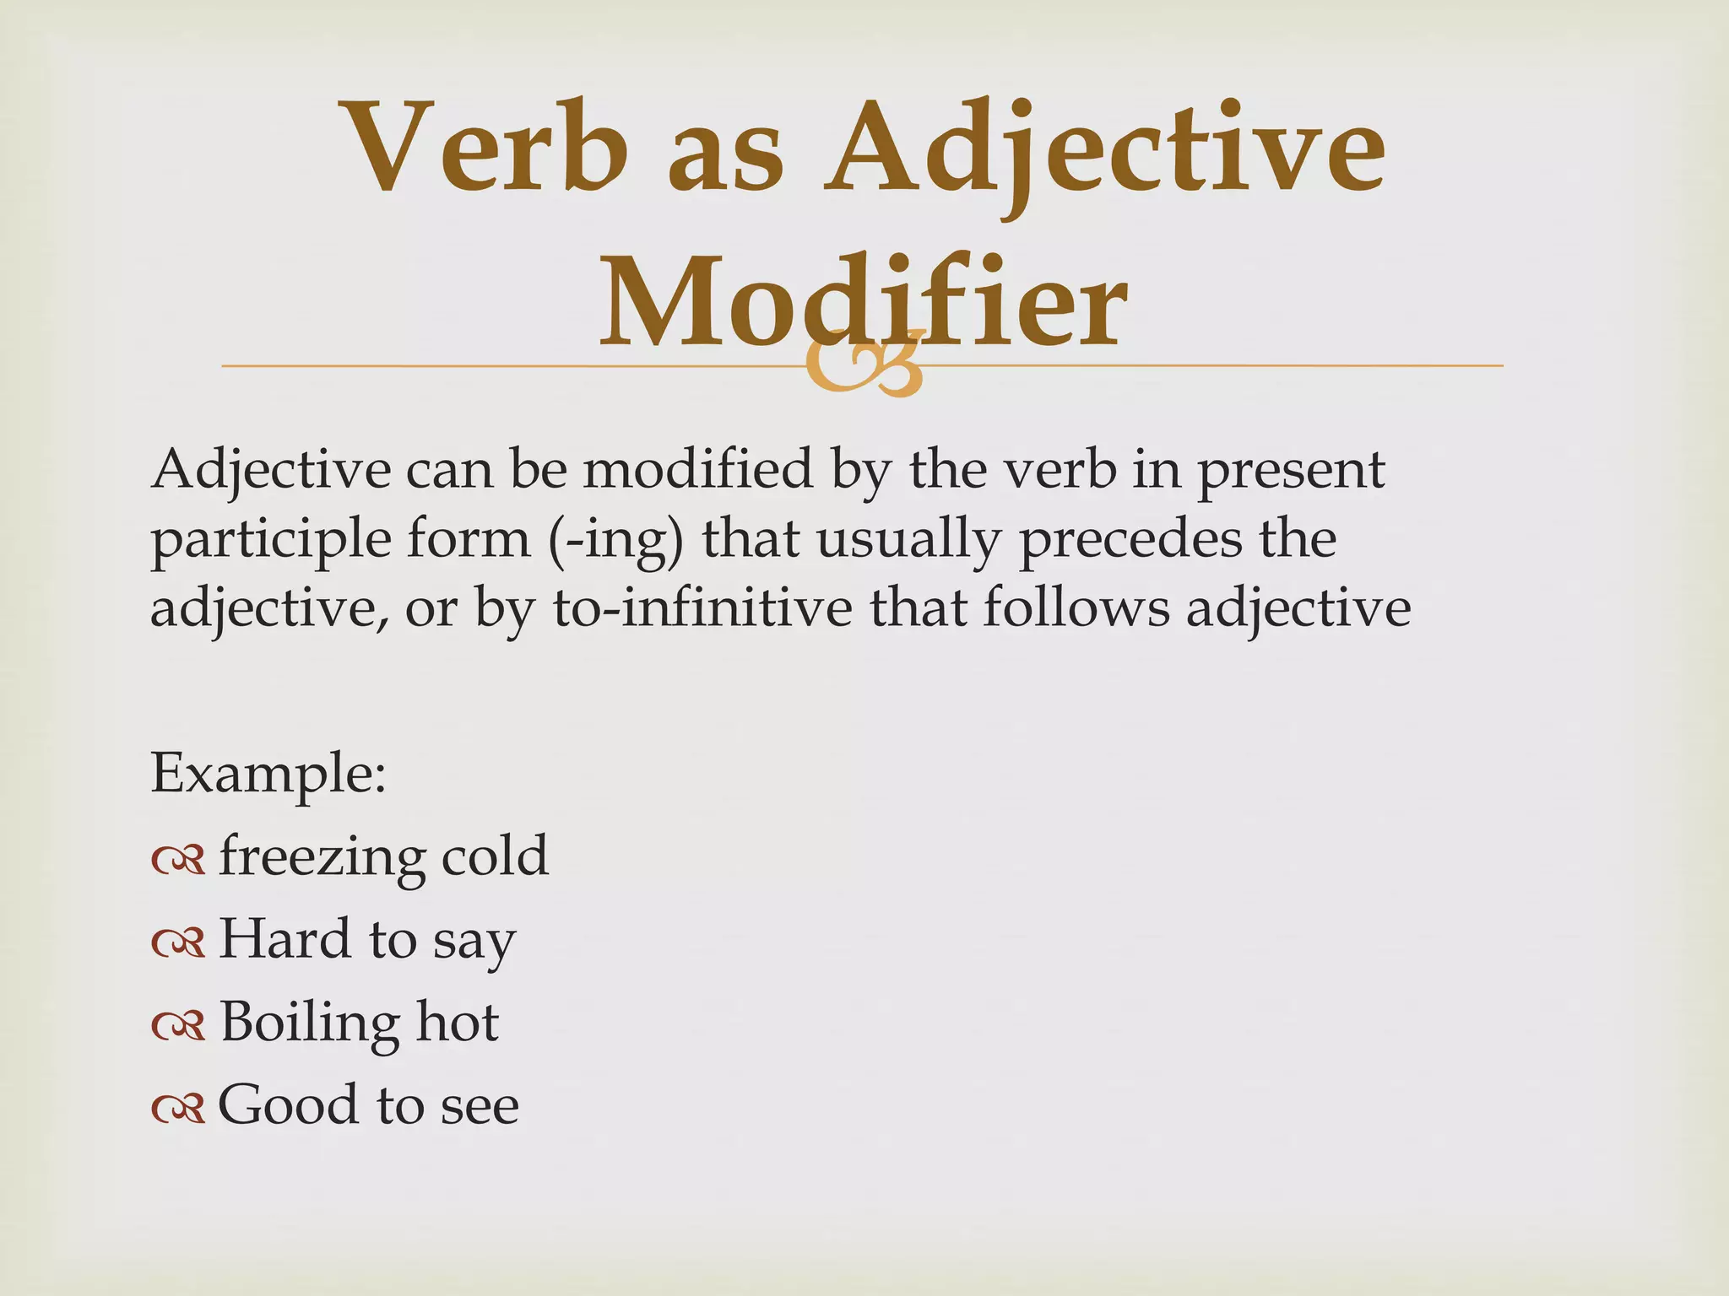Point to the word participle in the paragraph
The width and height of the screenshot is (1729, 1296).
270,540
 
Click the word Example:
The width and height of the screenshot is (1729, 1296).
268,774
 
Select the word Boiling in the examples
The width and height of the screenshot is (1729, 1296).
310,1023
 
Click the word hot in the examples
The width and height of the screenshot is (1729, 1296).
458,1022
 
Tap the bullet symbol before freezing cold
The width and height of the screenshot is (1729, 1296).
178,860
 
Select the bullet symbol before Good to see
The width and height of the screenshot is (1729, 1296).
178,1108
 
